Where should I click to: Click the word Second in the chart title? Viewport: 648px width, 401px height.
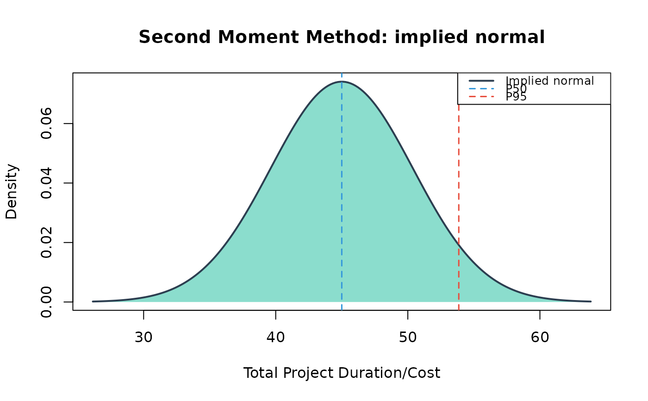point(175,38)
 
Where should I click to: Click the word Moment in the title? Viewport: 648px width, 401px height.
point(258,38)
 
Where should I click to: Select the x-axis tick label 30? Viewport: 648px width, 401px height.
point(143,338)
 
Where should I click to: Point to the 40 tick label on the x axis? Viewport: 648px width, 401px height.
point(276,338)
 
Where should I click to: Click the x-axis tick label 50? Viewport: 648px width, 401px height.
point(408,338)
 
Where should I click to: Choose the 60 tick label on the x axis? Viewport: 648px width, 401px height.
point(540,338)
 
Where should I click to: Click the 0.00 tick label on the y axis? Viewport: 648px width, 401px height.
point(46,302)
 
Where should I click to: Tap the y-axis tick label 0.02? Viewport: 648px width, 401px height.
point(46,243)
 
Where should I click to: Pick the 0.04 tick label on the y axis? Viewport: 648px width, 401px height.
point(46,183)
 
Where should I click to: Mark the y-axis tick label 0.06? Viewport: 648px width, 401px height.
point(46,124)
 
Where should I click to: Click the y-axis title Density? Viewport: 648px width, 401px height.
point(12,192)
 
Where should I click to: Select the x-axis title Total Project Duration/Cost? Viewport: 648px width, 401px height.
point(342,373)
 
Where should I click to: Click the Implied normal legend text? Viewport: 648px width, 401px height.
point(550,81)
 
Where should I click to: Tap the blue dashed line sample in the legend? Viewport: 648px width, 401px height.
point(481,88)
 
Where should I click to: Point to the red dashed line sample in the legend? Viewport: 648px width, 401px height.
point(481,97)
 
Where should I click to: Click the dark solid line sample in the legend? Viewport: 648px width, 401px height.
point(481,81)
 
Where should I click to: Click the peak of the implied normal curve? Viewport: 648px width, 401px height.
point(342,81)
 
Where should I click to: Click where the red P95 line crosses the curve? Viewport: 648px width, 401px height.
point(459,245)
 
